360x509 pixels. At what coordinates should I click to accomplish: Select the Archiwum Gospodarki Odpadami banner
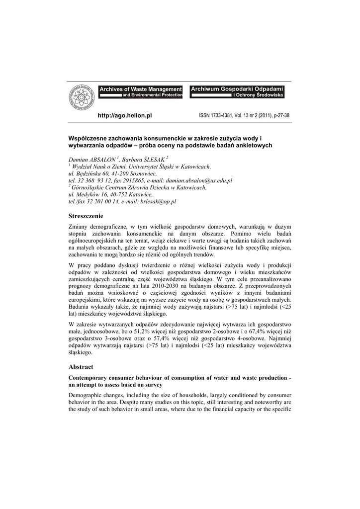[x=237, y=91]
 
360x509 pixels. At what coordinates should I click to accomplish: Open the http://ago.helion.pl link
[x=124, y=115]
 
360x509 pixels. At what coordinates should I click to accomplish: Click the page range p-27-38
[x=280, y=115]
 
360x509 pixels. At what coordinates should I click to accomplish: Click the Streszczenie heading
[x=86, y=216]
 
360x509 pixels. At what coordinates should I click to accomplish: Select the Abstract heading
[x=81, y=366]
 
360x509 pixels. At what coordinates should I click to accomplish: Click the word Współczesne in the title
[x=89, y=138]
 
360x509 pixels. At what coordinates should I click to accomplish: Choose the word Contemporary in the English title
[x=90, y=378]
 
